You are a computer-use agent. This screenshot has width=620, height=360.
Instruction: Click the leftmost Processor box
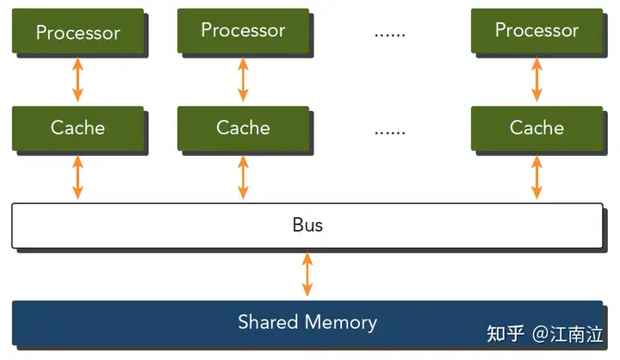[x=77, y=31]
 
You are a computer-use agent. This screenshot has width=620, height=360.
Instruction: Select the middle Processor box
[x=243, y=31]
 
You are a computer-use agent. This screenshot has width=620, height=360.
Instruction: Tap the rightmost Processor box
[x=536, y=31]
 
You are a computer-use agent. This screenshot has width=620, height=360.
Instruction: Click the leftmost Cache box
[x=77, y=128]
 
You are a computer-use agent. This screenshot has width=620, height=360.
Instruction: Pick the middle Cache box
[x=243, y=128]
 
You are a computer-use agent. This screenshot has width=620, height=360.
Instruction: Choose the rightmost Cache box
[x=536, y=128]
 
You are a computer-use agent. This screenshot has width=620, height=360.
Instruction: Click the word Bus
[x=307, y=225]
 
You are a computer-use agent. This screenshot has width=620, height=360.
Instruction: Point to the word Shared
[x=268, y=321]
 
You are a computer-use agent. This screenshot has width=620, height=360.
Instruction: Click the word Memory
[x=341, y=323]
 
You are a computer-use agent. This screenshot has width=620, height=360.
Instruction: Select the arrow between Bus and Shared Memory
[x=307, y=274]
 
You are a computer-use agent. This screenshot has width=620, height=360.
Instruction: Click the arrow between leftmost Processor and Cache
[x=77, y=79]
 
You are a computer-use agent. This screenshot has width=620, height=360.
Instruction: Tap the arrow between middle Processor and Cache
[x=243, y=79]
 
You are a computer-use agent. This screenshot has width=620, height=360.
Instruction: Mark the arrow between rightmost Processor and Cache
[x=536, y=79]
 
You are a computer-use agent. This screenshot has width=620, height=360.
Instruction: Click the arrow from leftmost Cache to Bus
[x=77, y=177]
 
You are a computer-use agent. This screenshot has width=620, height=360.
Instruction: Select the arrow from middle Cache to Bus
[x=243, y=177]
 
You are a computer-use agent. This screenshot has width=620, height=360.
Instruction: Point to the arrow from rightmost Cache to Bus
[x=536, y=177]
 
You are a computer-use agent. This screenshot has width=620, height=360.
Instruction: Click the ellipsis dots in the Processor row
[x=390, y=35]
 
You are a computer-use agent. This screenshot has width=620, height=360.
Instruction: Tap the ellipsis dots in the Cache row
[x=390, y=133]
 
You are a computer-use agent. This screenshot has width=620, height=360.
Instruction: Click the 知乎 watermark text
[x=505, y=334]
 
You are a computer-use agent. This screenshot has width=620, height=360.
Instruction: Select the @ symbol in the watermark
[x=541, y=334]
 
